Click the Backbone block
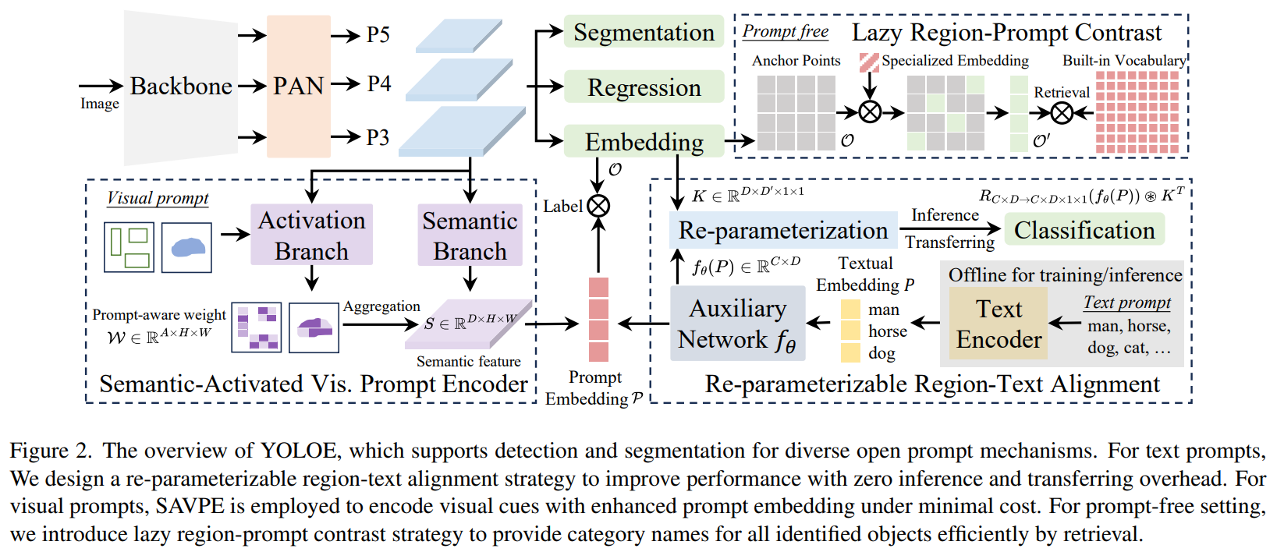pos(181,86)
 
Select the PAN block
pos(298,86)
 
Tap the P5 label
pos(378,35)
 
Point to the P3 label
pos(378,138)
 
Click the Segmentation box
pos(644,33)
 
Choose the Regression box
pos(644,87)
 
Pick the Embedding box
pos(644,142)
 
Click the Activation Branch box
pos(311,235)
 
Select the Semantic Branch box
pos(470,235)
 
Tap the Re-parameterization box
pos(783,230)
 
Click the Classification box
pos(1084,230)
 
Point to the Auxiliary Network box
pos(737,324)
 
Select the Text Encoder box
pos(999,324)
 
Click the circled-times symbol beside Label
pos(598,206)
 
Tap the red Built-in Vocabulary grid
pos(1137,112)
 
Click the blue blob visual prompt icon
pos(186,247)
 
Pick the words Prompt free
pos(785,31)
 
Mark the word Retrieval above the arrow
pos(1061,92)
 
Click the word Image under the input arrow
pos(100,104)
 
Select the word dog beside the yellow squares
pos(881,353)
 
